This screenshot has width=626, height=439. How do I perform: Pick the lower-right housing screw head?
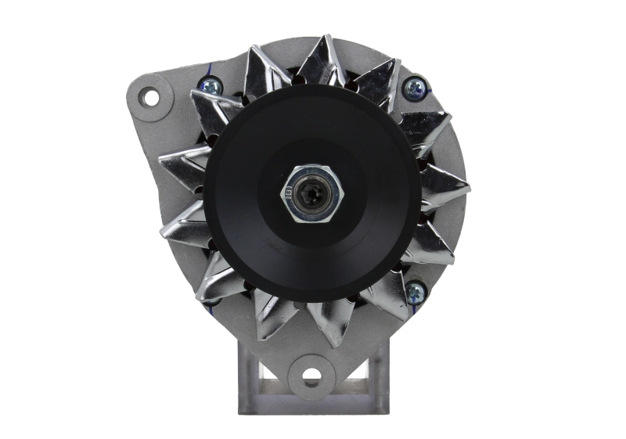tap(415, 292)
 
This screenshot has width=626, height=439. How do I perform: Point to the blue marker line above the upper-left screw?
tap(207, 71)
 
